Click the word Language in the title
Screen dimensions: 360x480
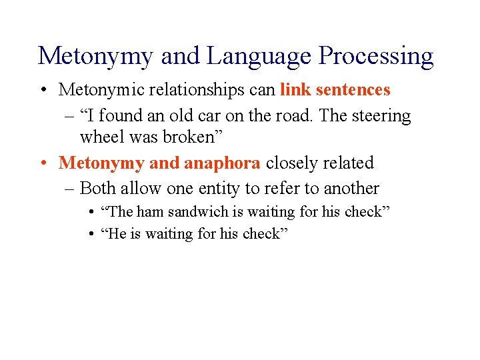tap(259, 56)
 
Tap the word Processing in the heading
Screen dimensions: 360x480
tap(376, 56)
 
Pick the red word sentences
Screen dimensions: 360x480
tap(353, 89)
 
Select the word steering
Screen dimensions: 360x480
tap(381, 116)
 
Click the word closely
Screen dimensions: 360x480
tap(296, 163)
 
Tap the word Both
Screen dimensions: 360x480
tap(97, 189)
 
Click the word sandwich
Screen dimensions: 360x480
tap(193, 212)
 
